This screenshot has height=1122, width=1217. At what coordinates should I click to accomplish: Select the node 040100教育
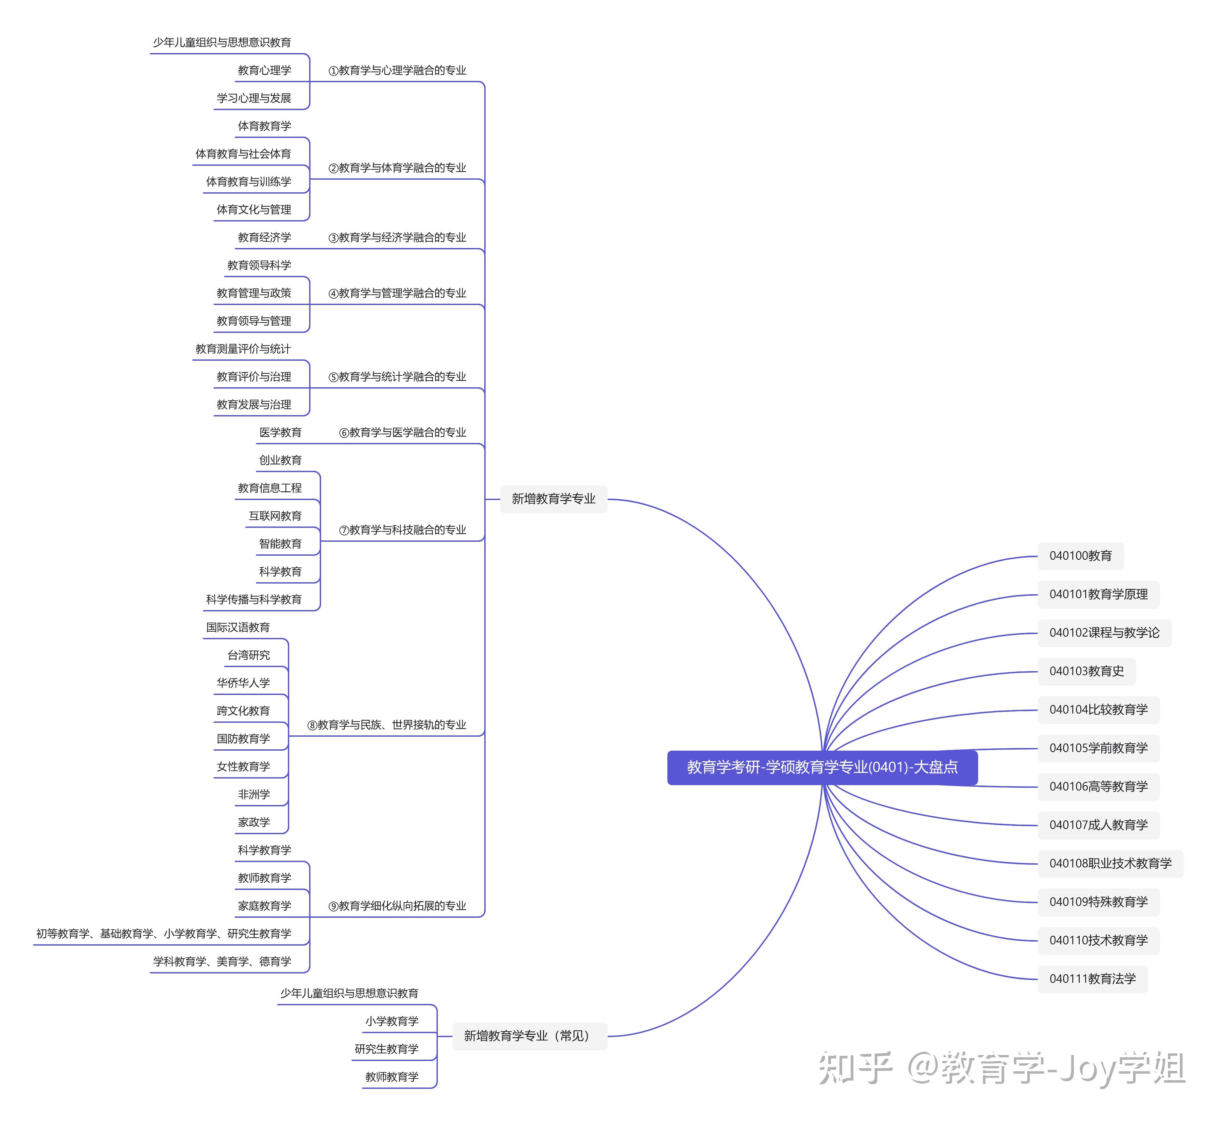pos(1080,556)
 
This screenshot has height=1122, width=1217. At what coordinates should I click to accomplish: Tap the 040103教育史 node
pos(1086,671)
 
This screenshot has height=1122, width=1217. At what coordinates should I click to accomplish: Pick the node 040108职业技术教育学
pos(1110,863)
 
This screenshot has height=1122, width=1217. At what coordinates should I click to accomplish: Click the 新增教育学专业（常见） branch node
pos(529,1036)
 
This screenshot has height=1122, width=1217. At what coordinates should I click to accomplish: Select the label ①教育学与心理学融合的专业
pos(397,70)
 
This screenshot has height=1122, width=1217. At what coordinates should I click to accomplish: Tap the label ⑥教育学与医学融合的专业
pos(402,432)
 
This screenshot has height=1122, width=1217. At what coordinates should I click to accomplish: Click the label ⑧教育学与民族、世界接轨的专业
pos(386,725)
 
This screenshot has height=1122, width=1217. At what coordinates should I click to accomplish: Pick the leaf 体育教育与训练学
pos(248,182)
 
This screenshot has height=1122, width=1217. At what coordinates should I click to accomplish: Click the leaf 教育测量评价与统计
pos(243,348)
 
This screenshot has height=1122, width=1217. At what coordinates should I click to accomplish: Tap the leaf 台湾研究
pos(248,655)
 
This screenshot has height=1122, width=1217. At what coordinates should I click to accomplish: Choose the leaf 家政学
pos(254,822)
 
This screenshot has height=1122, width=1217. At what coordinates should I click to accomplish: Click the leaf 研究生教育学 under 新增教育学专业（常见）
pos(386,1049)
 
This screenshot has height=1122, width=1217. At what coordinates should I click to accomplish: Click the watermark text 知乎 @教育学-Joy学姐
pos(1001,1069)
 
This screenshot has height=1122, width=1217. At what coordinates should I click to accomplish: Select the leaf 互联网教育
pos(275,516)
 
